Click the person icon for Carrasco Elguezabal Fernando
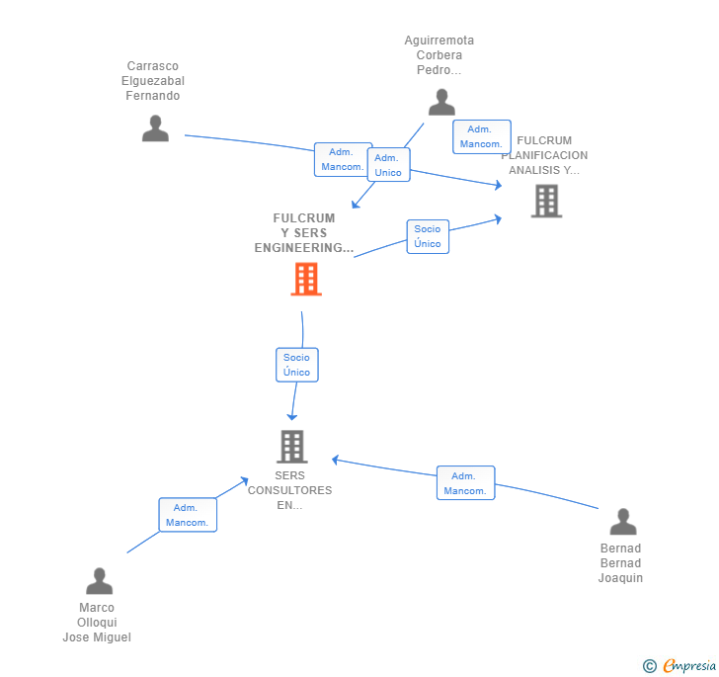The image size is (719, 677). tap(155, 128)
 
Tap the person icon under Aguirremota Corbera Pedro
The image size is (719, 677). tap(441, 102)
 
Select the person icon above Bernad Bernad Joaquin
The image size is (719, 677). tap(622, 522)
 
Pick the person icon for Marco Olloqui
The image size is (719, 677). tap(99, 581)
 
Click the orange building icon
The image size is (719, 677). tap(306, 280)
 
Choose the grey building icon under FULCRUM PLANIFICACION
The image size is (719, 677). tap(546, 201)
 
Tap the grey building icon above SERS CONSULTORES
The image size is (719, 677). tap(291, 447)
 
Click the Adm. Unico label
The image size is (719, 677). tap(388, 165)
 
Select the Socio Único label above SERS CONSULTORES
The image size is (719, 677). tap(296, 365)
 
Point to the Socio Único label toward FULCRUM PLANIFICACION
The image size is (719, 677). tap(428, 236)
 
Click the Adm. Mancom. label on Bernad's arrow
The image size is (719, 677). tap(465, 483)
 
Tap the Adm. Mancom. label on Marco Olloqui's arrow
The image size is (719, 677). tap(187, 515)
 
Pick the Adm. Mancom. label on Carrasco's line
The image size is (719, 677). tap(342, 159)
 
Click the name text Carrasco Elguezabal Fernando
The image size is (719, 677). tap(153, 81)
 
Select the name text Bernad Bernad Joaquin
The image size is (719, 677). tap(620, 563)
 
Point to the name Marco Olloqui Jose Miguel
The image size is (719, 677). tap(97, 623)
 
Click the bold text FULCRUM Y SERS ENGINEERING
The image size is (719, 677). tap(304, 233)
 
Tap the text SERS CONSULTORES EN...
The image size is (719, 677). tap(289, 490)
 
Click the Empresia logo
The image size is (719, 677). tap(688, 665)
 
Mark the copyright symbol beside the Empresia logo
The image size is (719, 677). tap(650, 666)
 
